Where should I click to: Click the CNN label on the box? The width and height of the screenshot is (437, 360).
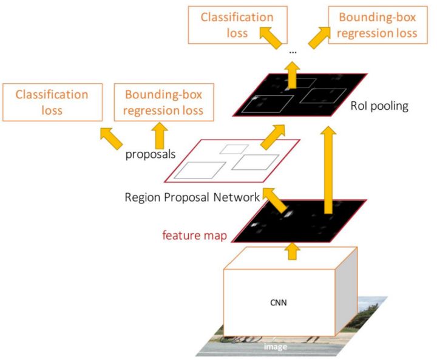tap(278, 302)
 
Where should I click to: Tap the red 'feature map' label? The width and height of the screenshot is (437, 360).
tap(195, 236)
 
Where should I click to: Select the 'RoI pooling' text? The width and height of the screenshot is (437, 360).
tap(379, 106)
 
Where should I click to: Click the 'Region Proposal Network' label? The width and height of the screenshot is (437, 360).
tap(192, 197)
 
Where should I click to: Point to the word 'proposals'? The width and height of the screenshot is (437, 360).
tap(151, 154)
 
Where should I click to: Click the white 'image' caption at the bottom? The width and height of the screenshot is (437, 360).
tap(276, 347)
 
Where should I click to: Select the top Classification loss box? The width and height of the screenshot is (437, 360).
tap(238, 25)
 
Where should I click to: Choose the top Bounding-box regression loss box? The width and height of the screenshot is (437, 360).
tap(378, 25)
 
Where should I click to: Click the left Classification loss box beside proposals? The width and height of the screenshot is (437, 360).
tap(52, 103)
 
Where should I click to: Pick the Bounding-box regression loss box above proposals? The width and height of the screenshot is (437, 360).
tap(164, 103)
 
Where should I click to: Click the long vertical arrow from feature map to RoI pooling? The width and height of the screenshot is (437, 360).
tap(328, 170)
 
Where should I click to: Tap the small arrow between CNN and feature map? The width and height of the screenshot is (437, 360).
tap(292, 251)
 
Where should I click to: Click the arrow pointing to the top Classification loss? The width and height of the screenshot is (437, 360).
tap(271, 38)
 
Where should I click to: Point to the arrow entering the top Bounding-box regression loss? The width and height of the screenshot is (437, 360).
tap(319, 38)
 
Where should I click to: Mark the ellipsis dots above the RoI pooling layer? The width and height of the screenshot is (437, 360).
tap(293, 52)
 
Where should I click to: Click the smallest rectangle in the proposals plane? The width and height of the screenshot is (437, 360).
tap(234, 149)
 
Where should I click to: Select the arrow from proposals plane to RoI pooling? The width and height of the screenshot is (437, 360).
tap(273, 137)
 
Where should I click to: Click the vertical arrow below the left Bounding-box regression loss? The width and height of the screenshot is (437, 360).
tap(160, 136)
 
